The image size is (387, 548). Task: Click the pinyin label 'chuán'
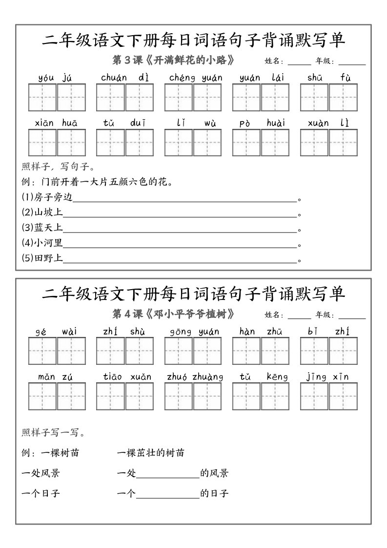(x=114, y=78)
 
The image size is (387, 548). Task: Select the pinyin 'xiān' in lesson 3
(x=44, y=123)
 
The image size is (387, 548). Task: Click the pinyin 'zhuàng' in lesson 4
(x=208, y=377)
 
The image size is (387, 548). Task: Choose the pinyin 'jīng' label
(x=316, y=377)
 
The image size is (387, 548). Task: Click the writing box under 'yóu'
(x=42, y=97)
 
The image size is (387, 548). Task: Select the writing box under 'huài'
(x=275, y=143)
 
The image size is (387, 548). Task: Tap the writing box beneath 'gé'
(x=42, y=351)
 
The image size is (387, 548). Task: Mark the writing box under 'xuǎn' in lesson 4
(x=140, y=396)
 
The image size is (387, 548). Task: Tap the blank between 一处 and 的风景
(x=168, y=474)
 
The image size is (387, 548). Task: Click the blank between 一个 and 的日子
(x=168, y=494)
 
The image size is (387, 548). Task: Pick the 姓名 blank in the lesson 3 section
(x=299, y=62)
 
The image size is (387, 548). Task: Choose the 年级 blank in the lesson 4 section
(x=352, y=316)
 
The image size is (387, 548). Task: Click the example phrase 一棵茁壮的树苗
(x=151, y=453)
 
